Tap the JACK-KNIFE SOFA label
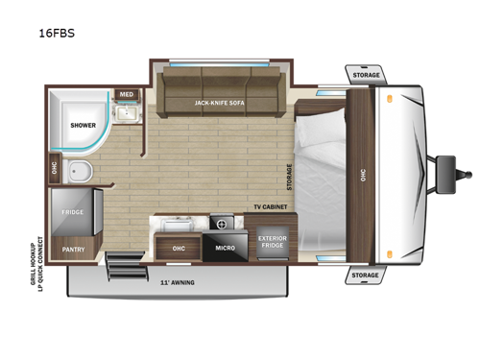point(220,102)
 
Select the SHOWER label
point(83,125)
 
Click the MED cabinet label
point(126,94)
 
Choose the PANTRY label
point(74,249)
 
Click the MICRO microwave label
point(226,248)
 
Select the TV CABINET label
point(272,207)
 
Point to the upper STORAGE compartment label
point(365,75)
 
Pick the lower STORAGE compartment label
point(365,275)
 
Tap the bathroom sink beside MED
point(125,115)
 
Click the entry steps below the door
point(122,260)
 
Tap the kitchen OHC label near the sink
point(179,249)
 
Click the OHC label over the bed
point(363,175)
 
